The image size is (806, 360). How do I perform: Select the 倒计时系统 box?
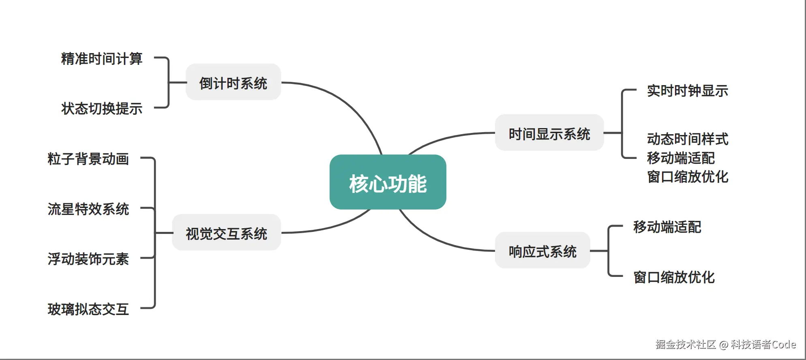(x=233, y=83)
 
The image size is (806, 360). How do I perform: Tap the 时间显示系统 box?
(x=549, y=133)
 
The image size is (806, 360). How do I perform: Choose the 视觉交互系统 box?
(x=226, y=233)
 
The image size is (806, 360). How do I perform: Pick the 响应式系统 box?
(x=542, y=251)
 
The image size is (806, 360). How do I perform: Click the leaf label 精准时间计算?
(x=101, y=59)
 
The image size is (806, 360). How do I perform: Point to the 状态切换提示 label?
(x=101, y=108)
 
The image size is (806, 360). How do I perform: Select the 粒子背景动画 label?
(x=88, y=159)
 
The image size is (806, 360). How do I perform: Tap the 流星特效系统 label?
(x=88, y=209)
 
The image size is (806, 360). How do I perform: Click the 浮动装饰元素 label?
(x=88, y=259)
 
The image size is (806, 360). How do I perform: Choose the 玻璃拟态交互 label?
(x=88, y=309)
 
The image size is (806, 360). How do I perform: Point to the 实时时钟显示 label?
(x=687, y=91)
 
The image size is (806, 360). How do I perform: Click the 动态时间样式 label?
(x=687, y=139)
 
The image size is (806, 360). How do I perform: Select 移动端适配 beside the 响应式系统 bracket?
(x=667, y=227)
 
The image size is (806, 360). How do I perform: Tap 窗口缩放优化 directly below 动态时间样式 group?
(x=687, y=177)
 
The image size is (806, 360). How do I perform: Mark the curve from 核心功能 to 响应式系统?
(x=438, y=241)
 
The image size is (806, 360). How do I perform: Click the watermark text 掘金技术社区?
(x=685, y=345)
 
